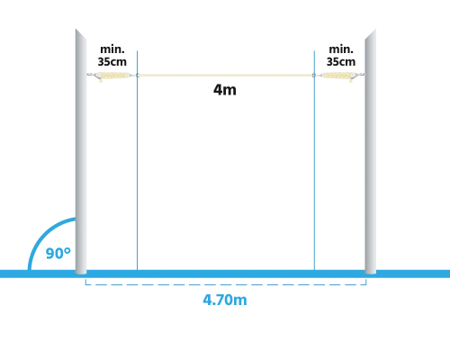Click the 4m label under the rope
click(225, 90)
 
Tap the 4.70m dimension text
click(225, 300)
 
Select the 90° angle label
click(58, 254)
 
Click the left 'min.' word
click(112, 49)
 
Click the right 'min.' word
click(341, 49)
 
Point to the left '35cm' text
click(112, 61)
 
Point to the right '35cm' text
click(341, 61)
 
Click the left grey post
click(81, 151)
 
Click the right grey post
click(371, 151)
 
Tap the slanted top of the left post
click(81, 34)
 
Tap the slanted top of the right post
click(371, 34)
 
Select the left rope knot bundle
click(115, 76)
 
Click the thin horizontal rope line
click(226, 75)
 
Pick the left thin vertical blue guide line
click(137, 160)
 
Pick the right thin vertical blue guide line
click(314, 160)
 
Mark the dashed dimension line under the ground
click(226, 284)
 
